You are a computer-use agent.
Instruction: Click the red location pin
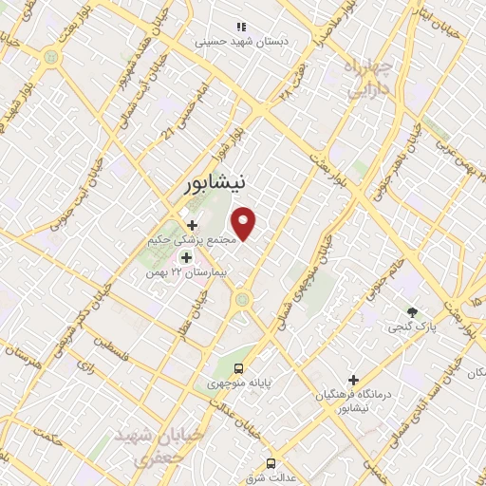point(245,223)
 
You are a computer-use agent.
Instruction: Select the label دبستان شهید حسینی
point(241,42)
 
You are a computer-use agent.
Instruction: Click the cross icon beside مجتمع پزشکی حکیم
point(193,225)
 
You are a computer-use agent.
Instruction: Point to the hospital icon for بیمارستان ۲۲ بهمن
point(186,257)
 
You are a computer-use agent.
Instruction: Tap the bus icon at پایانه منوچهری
point(239,367)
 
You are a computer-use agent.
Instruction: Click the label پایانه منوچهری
point(240,383)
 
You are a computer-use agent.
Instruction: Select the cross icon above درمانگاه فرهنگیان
point(353,379)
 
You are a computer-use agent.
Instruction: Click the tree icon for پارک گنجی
point(411,312)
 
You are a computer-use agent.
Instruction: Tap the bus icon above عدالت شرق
point(271,463)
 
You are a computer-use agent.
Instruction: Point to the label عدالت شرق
point(267,478)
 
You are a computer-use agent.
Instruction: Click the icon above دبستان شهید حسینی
point(241,27)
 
